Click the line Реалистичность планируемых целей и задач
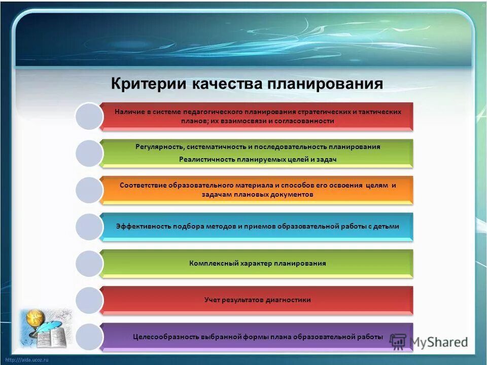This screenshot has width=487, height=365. tap(258, 159)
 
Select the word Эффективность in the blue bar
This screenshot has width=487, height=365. tap(144, 227)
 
